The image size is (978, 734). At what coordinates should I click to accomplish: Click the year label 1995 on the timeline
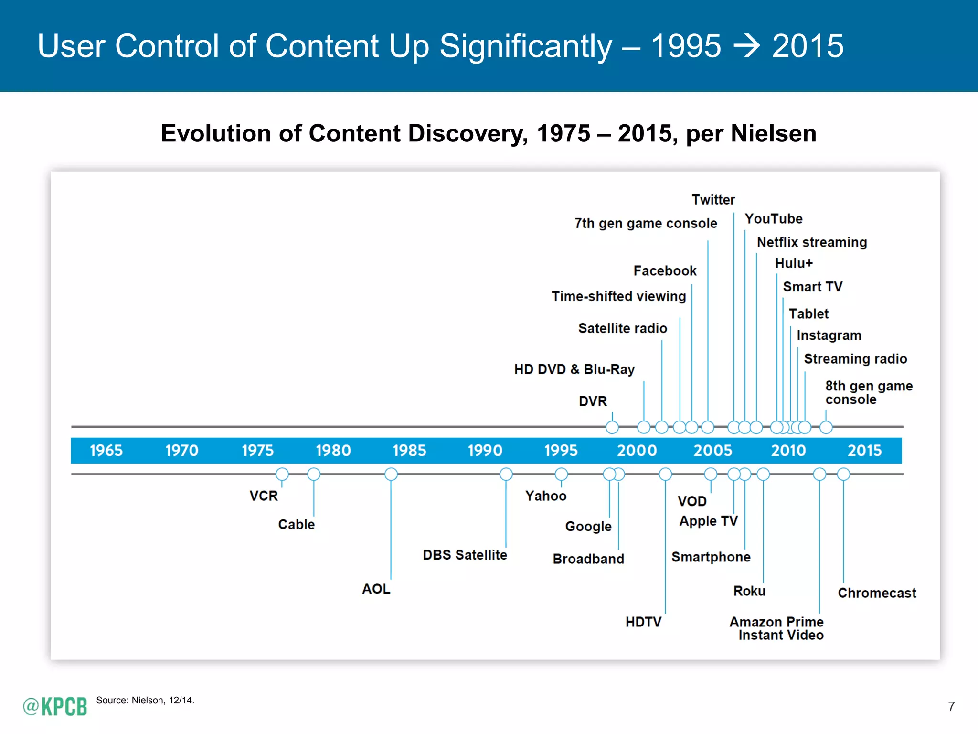pos(561,450)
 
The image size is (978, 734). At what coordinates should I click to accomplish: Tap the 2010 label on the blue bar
pos(788,450)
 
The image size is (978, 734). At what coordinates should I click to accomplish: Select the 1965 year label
pos(106,450)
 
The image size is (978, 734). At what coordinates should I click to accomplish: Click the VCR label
pos(263,496)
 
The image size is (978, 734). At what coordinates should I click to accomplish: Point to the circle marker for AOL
pos(391,474)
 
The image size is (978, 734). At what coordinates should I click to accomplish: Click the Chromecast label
pos(877,593)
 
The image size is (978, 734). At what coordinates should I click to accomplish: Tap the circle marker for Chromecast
pos(843,474)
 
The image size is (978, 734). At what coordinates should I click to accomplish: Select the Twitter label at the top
pos(713,199)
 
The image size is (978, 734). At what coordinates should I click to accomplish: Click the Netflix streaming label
pos(811,242)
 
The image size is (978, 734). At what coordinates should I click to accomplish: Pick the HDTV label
pos(643,622)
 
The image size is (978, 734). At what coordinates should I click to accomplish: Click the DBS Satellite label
pos(465,555)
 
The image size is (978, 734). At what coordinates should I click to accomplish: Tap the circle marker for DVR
pos(612,427)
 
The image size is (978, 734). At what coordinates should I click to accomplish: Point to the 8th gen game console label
pos(868,392)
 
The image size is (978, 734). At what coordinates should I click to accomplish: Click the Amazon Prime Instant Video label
pos(777,628)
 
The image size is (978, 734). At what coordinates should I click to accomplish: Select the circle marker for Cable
pos(314,474)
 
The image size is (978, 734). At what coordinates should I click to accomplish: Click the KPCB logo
pos(55,706)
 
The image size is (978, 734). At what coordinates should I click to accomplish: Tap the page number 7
pos(951,706)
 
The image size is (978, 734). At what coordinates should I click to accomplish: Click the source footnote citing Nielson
pos(145,700)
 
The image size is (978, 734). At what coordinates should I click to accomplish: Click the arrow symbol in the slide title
pos(746,46)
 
